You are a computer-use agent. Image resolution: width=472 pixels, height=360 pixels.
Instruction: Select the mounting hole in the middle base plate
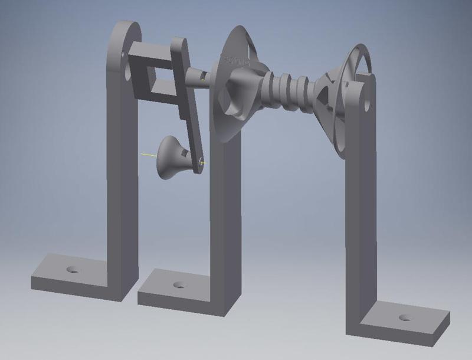[x=179, y=285]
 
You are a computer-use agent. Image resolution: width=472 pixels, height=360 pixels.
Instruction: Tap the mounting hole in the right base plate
[x=405, y=318]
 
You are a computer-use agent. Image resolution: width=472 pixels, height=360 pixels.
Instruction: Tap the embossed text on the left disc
[x=238, y=61]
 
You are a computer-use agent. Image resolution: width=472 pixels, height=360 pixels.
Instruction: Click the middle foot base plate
[x=177, y=289]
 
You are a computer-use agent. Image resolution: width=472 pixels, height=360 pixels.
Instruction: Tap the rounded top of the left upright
[x=125, y=32]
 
